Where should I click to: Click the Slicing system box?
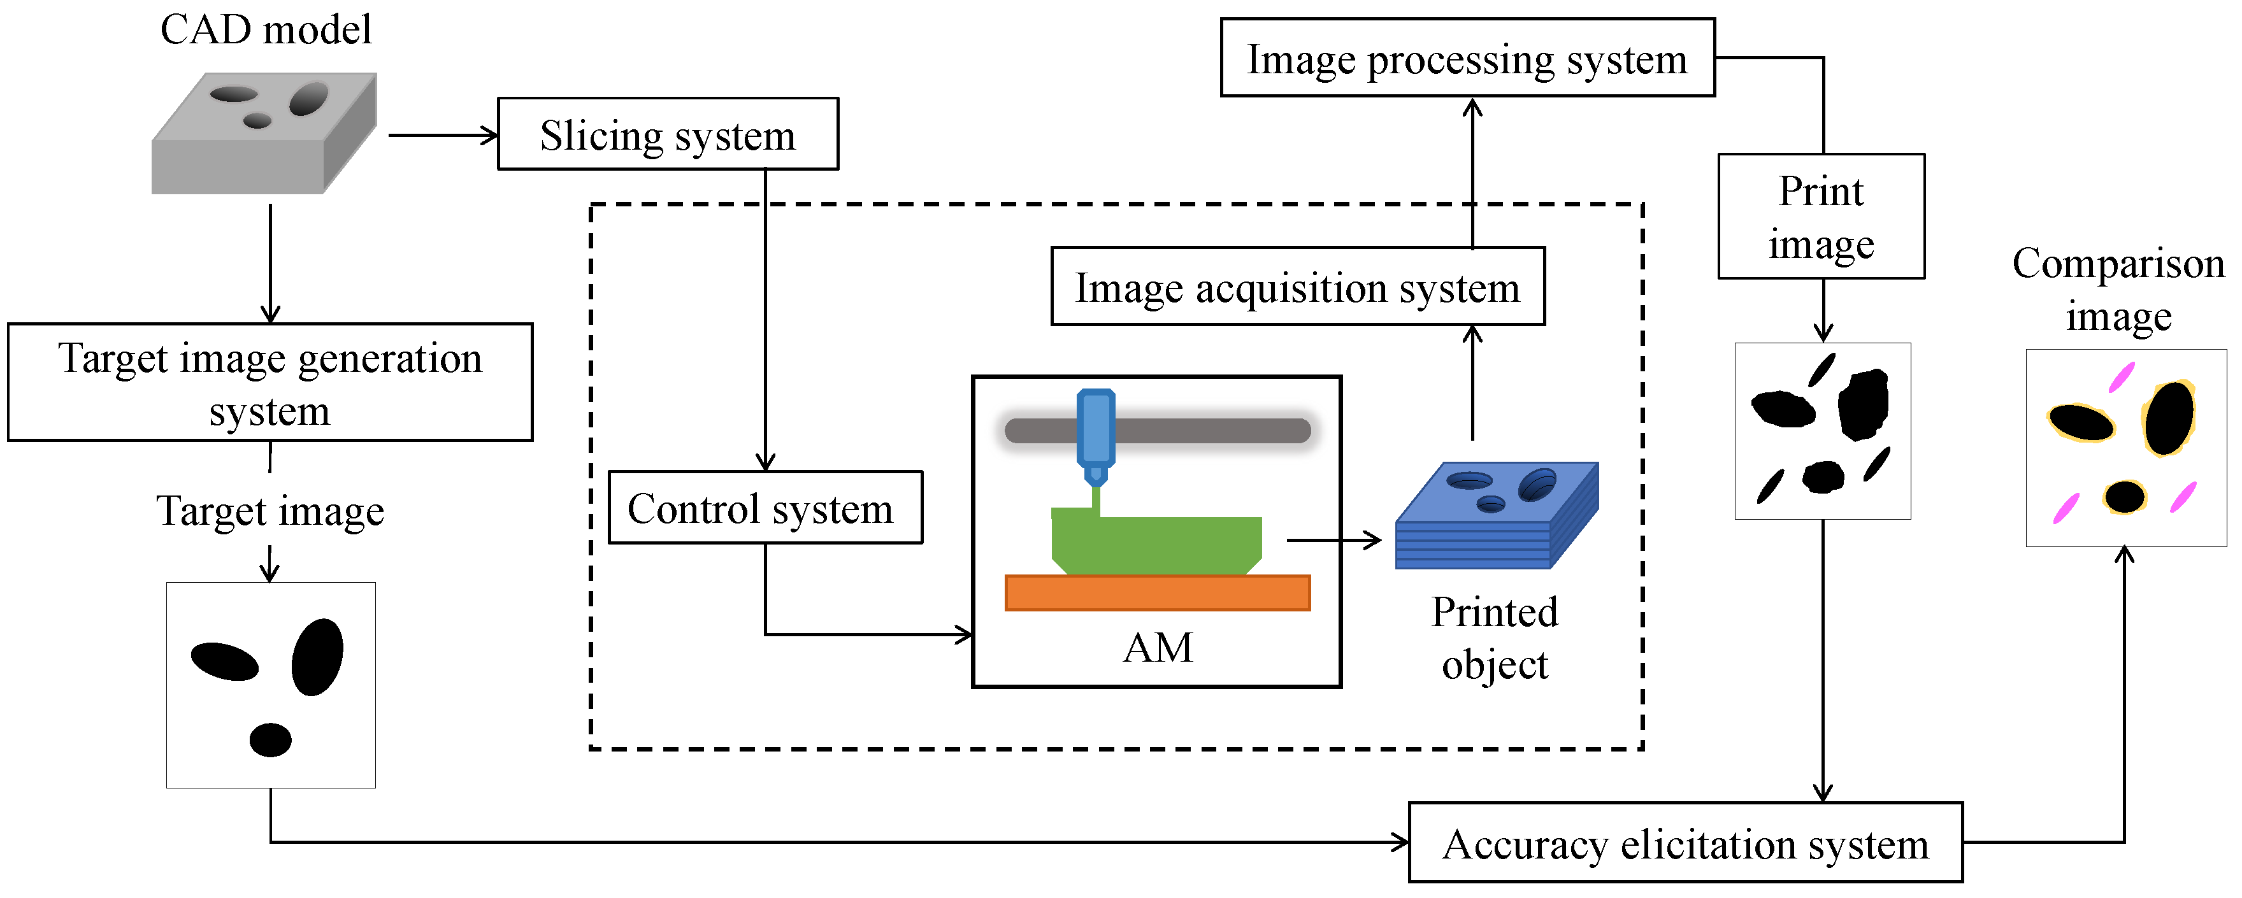[668, 134]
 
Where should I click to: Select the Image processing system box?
[1467, 59]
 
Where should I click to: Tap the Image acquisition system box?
[1298, 287]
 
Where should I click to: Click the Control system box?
[764, 508]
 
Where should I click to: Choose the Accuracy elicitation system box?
[1685, 843]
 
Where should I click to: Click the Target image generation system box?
[269, 383]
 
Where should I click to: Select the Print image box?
[1821, 217]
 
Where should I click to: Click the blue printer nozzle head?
[1096, 431]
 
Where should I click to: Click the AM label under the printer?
[1158, 648]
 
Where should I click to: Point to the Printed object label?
[1495, 638]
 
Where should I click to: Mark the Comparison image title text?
[2118, 289]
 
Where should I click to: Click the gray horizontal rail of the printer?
[1218, 431]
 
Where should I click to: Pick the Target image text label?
[269, 511]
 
